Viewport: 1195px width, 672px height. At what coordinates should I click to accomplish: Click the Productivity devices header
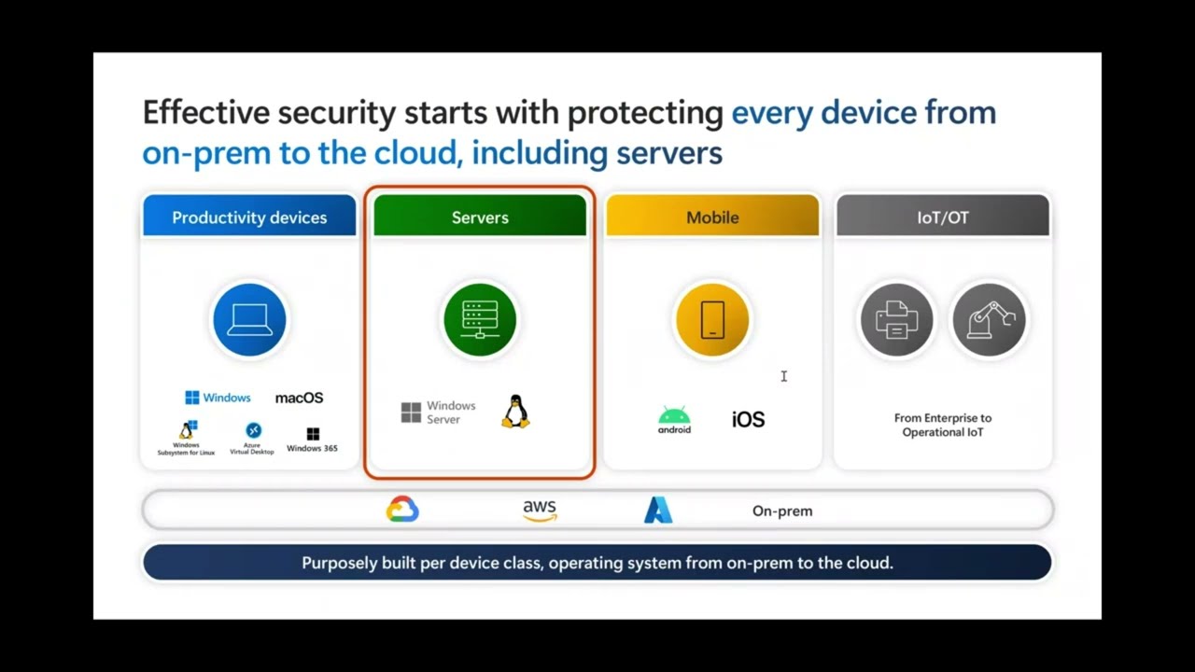(x=249, y=217)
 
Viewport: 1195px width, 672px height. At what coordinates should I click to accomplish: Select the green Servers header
(x=480, y=217)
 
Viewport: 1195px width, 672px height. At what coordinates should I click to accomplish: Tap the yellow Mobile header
(x=712, y=217)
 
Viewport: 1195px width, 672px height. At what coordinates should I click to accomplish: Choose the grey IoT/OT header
(x=943, y=217)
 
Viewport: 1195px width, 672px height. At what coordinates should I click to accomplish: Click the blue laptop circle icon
(x=249, y=320)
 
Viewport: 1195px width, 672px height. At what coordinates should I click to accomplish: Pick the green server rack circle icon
(x=480, y=320)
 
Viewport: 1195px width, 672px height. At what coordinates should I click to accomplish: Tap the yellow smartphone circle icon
(x=712, y=320)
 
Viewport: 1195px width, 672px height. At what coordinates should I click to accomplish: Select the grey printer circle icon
(x=896, y=320)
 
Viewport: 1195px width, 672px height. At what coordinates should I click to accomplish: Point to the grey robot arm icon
(x=989, y=320)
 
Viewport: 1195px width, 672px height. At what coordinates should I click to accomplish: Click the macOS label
(x=299, y=398)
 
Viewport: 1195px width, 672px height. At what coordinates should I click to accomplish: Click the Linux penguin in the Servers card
(x=515, y=412)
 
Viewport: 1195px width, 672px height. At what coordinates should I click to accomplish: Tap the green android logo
(x=674, y=420)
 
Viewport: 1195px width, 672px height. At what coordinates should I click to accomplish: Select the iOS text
(x=748, y=420)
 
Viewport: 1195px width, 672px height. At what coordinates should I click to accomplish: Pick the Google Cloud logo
(x=402, y=510)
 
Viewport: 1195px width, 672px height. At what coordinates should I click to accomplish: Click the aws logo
(x=540, y=510)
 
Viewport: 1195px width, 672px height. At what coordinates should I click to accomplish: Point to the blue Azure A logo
(x=658, y=510)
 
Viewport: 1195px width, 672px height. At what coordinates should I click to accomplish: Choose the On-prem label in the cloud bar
(x=782, y=511)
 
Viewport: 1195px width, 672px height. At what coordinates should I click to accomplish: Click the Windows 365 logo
(x=313, y=435)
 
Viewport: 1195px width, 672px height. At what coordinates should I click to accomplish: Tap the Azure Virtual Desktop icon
(x=253, y=431)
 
